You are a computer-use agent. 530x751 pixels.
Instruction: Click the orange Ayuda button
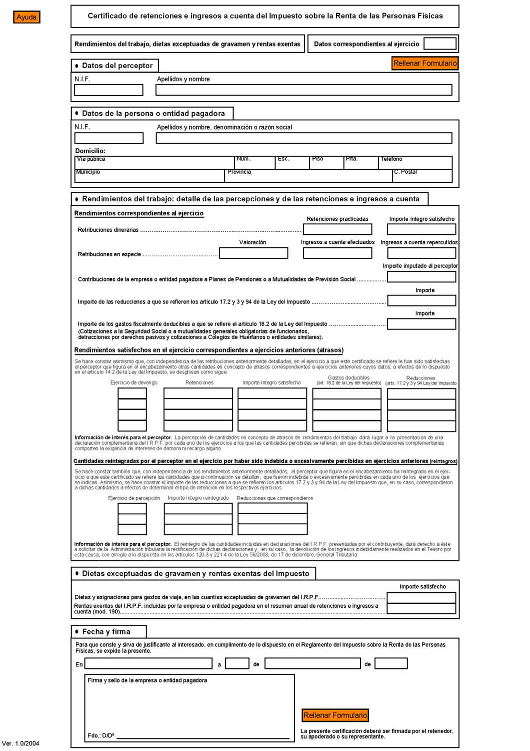point(26,17)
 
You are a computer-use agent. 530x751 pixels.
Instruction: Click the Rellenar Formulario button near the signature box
point(335,715)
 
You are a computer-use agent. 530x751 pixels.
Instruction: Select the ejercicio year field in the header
point(439,44)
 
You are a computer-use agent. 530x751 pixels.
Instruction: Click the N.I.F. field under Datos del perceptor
point(108,90)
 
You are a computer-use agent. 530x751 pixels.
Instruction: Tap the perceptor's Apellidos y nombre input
point(303,90)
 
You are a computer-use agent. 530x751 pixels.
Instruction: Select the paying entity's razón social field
point(303,138)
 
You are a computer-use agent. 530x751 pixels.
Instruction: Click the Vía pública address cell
point(154,163)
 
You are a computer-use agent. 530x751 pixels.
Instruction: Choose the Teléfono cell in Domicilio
point(415,163)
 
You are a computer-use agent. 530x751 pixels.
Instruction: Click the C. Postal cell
point(422,176)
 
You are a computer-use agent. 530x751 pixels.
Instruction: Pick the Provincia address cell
point(308,176)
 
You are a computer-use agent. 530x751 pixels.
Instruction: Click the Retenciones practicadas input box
point(337,229)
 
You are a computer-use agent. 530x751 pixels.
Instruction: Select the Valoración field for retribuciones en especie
point(253,253)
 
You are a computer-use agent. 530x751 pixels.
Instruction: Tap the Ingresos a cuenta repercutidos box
point(421,253)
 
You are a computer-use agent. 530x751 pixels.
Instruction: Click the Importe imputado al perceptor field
point(421,277)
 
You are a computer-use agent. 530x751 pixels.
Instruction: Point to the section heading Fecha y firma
point(106,632)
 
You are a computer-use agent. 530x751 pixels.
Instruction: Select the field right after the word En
point(148,664)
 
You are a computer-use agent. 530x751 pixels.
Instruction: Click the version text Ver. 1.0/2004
point(21,743)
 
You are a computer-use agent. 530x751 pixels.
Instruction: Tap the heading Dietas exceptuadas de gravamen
point(195,574)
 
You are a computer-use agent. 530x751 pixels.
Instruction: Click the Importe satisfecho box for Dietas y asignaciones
point(421,598)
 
